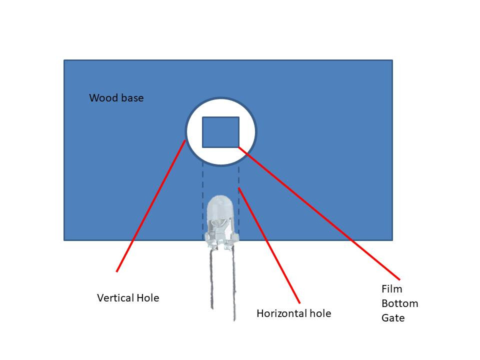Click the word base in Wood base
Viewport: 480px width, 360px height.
pyautogui.click(x=132, y=98)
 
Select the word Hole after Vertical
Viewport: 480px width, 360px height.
pyautogui.click(x=148, y=298)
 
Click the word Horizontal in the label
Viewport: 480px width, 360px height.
pyautogui.click(x=281, y=313)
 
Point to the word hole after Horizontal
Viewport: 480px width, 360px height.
pyautogui.click(x=320, y=313)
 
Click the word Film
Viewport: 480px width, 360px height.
pyautogui.click(x=392, y=289)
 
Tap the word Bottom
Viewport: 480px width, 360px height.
pyautogui.click(x=400, y=303)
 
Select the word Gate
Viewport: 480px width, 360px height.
pyautogui.click(x=393, y=318)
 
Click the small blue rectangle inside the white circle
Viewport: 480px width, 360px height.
pyautogui.click(x=220, y=132)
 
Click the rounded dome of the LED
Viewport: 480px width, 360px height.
pyautogui.click(x=220, y=206)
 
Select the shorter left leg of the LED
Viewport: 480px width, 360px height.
pyautogui.click(x=211, y=278)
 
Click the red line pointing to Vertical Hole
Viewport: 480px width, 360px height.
pyautogui.click(x=151, y=205)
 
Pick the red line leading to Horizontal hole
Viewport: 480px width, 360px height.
pyautogui.click(x=269, y=245)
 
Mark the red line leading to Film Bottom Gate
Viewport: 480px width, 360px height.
pyautogui.click(x=319, y=213)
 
